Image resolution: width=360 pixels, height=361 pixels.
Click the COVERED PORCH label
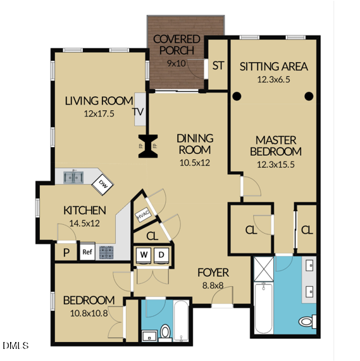click(x=177, y=44)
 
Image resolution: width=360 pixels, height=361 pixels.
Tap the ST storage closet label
click(x=218, y=65)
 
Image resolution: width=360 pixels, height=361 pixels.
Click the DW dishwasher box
click(x=102, y=184)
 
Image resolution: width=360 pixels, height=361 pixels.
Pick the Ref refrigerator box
click(x=87, y=252)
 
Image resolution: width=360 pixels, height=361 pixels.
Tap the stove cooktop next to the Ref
click(x=106, y=252)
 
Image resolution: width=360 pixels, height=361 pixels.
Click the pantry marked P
click(x=66, y=252)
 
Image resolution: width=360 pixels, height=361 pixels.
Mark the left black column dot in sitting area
click(x=237, y=97)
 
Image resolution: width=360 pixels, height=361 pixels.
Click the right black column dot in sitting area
click(x=309, y=97)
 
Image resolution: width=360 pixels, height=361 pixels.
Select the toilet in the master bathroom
click(x=307, y=321)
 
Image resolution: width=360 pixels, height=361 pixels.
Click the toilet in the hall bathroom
click(x=165, y=331)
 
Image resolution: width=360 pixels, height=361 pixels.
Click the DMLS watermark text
click(x=16, y=345)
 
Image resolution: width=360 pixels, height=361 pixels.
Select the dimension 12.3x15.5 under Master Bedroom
click(x=275, y=164)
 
